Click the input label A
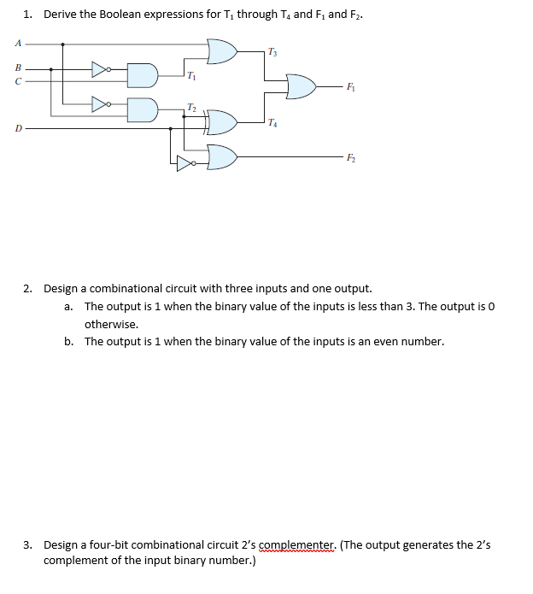[17, 44]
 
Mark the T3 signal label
[272, 52]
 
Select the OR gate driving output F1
[300, 85]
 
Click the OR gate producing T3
[221, 50]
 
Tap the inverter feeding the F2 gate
[186, 162]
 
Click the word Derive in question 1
[58, 14]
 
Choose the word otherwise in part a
[111, 324]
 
